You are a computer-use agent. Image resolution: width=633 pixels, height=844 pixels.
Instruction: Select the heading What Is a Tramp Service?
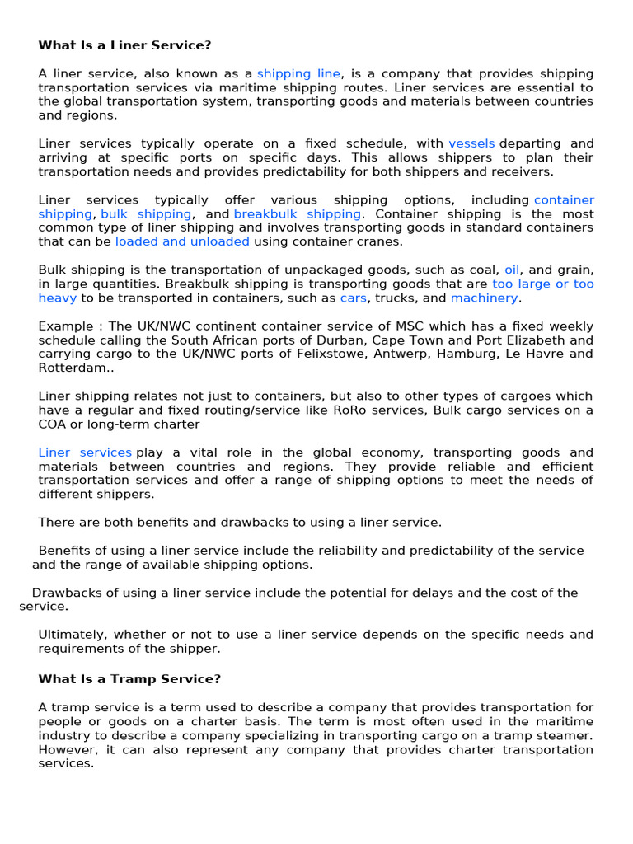point(129,679)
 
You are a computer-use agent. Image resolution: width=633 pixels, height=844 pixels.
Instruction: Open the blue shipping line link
point(298,73)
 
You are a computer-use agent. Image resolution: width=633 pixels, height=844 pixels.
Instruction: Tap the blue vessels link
point(471,143)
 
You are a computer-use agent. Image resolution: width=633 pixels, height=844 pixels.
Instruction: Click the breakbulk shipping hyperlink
point(298,213)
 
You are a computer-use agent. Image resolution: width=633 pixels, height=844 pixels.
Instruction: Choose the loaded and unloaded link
point(182,241)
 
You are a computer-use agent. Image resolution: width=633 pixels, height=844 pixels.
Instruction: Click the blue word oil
point(512,270)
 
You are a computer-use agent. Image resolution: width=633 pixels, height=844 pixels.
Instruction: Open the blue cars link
point(353,298)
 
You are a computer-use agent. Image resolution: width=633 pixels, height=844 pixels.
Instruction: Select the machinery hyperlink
point(485,298)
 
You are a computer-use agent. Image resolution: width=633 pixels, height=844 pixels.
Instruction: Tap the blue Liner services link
point(85,452)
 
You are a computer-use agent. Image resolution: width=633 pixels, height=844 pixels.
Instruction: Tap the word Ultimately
point(72,634)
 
